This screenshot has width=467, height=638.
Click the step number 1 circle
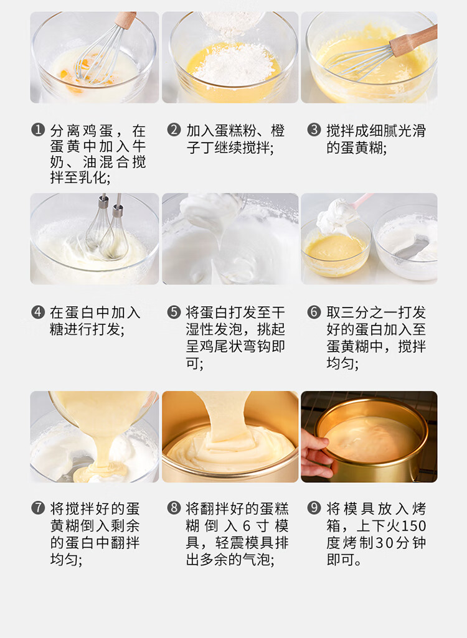(38, 130)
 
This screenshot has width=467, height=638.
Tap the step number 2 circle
(174, 130)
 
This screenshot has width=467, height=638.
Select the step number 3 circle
(314, 130)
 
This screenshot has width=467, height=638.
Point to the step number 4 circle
(38, 312)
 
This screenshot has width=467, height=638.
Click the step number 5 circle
(174, 312)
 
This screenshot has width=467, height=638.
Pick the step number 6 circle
(314, 312)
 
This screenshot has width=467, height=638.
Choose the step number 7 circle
(38, 508)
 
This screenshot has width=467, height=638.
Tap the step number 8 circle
(174, 508)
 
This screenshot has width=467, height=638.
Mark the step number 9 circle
(314, 508)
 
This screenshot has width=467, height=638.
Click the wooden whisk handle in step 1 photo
(125, 19)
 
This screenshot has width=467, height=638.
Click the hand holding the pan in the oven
(316, 453)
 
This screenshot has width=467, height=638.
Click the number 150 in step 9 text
(413, 526)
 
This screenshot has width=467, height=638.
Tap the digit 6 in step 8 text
(247, 526)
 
